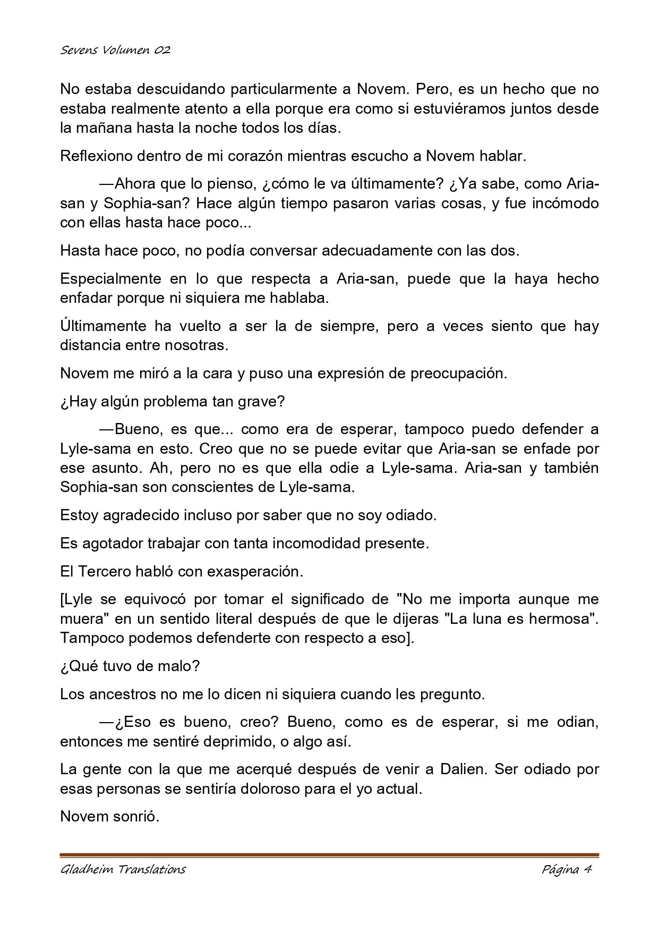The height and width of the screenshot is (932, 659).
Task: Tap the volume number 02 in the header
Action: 162,50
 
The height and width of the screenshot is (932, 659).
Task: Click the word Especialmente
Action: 110,279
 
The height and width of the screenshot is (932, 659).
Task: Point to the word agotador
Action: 113,544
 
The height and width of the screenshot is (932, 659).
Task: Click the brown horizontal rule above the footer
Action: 329,855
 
